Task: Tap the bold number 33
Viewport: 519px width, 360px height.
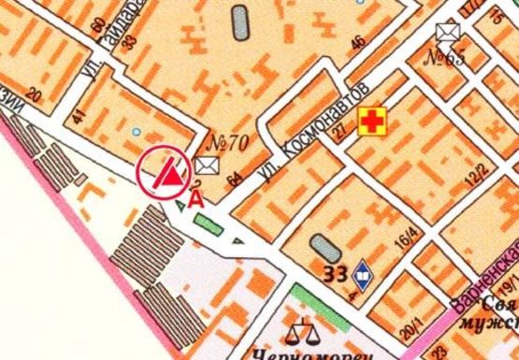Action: (335, 274)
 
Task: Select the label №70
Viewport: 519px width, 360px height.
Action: (225, 144)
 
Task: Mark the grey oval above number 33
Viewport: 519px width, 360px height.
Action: (324, 248)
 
